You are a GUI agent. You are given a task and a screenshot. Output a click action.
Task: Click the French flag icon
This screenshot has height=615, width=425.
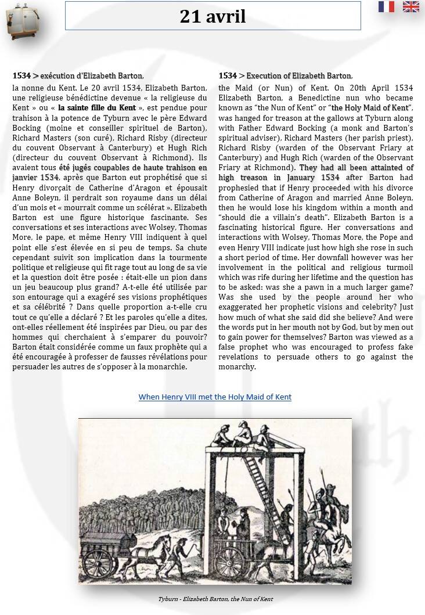coord(386,7)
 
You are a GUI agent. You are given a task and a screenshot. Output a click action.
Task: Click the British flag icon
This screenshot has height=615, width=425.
coord(410,7)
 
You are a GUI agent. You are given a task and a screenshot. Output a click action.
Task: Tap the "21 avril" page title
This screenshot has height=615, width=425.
coord(212,17)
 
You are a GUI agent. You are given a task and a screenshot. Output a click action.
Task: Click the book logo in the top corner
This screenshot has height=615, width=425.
coord(17,21)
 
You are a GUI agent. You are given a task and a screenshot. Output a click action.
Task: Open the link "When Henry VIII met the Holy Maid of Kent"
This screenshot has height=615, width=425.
coord(215,397)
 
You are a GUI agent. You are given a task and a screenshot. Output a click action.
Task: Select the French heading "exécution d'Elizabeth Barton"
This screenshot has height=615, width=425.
coord(91,76)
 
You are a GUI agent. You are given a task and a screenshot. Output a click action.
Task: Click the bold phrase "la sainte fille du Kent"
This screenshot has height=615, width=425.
coord(97,107)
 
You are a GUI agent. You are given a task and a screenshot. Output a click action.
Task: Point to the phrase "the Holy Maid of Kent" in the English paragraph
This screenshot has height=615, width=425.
coord(370,107)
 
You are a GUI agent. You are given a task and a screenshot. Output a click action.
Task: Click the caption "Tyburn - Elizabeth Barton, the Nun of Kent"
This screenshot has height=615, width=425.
coord(215,599)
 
